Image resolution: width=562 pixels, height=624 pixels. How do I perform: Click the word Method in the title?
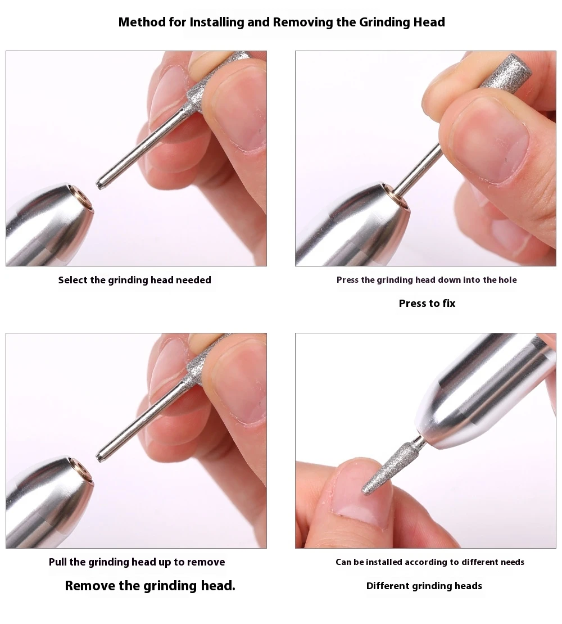140,22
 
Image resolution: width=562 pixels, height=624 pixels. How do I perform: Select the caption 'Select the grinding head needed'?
135,280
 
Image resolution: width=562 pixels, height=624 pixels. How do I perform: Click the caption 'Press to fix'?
427,304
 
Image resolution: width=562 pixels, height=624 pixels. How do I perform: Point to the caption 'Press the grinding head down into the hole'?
427,280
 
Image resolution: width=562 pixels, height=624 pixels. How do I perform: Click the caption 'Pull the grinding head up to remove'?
137,562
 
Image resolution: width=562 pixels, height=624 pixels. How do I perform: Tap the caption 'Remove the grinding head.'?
150,586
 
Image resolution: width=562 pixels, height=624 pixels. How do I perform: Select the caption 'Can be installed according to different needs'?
430,562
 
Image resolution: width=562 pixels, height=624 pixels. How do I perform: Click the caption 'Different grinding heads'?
424,586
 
